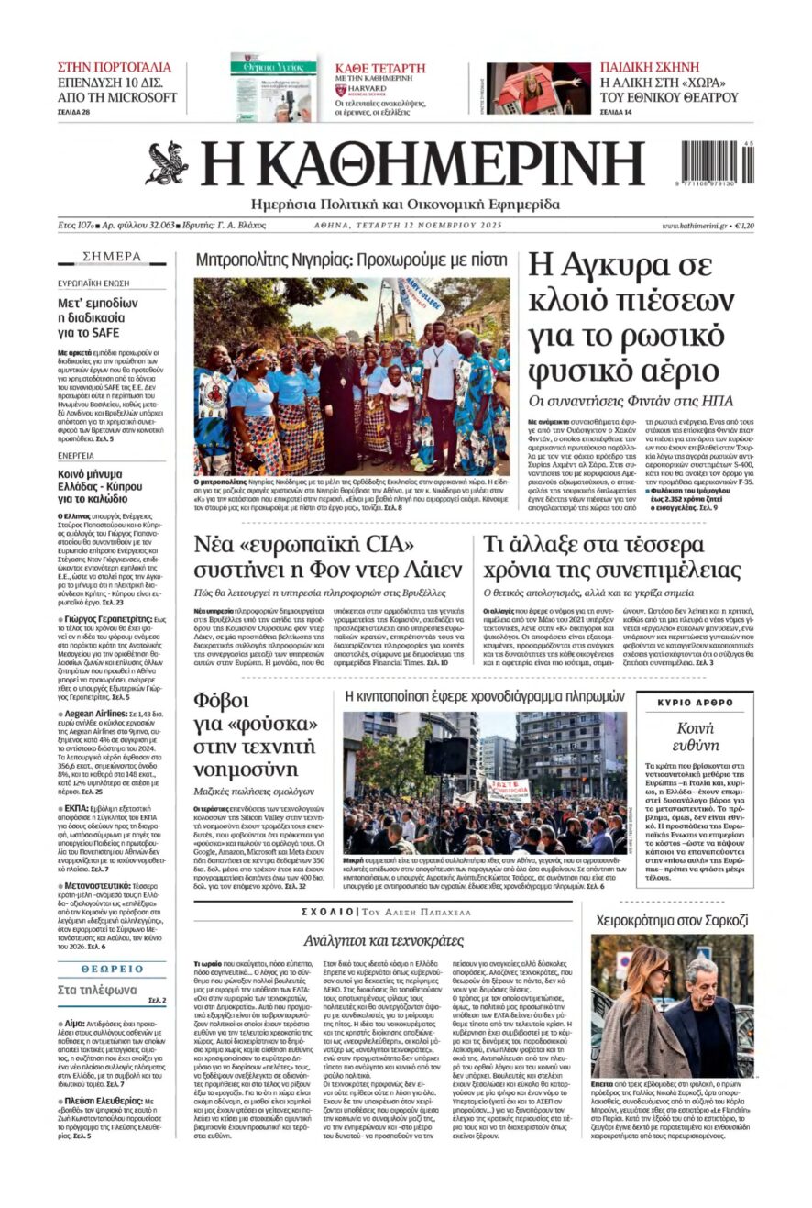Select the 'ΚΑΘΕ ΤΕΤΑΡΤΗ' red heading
point(380,68)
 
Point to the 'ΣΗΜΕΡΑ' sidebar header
point(112,256)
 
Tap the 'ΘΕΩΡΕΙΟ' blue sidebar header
point(112,968)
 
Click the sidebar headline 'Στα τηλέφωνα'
point(97,990)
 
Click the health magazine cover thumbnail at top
point(272,87)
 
